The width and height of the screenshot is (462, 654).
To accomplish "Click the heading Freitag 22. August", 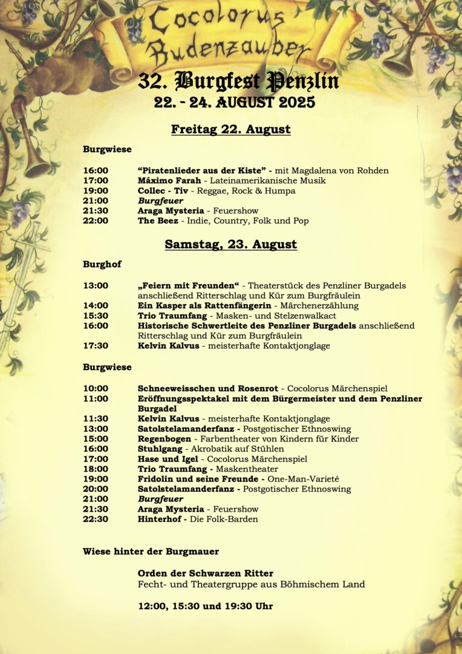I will coord(230,130).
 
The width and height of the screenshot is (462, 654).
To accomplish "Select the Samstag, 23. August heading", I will coord(230,245).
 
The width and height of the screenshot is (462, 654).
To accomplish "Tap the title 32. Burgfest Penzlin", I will coord(238,81).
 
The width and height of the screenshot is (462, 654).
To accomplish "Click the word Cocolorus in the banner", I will coord(216,22).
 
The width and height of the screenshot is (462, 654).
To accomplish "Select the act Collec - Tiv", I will coord(163,191).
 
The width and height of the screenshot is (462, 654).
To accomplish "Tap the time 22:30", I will coord(96,519).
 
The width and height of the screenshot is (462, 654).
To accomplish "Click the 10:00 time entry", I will coord(96,388).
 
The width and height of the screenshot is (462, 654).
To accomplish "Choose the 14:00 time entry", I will coord(96,306).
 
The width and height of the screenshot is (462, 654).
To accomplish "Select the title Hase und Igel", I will coord(166,459).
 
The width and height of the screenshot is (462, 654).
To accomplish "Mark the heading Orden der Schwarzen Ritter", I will coord(205,573).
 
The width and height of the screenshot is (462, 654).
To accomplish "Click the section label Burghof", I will coord(102,264).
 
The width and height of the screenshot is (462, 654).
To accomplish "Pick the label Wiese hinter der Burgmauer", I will coord(151,551).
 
